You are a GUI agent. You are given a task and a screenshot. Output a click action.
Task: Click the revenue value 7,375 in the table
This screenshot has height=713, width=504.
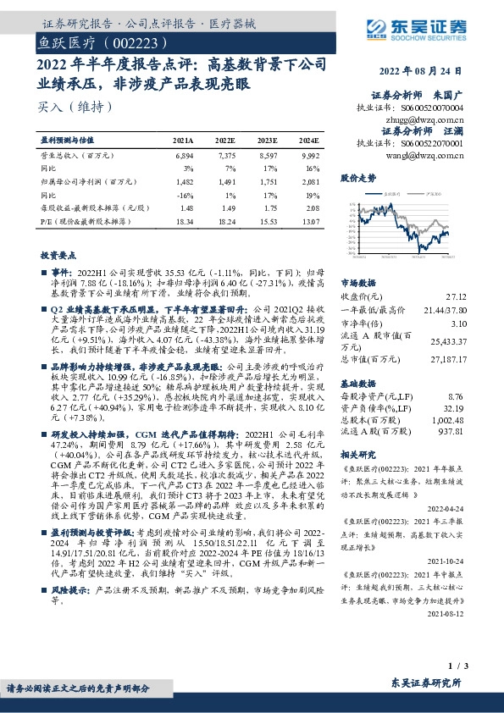225,157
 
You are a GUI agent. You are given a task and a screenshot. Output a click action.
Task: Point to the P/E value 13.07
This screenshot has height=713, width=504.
309,220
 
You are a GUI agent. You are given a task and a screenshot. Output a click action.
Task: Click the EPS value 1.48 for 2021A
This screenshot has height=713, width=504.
186,207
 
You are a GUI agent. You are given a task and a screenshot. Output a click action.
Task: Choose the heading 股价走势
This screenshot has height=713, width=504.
358,179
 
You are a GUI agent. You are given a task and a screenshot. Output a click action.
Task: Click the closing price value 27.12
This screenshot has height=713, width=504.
479,297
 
